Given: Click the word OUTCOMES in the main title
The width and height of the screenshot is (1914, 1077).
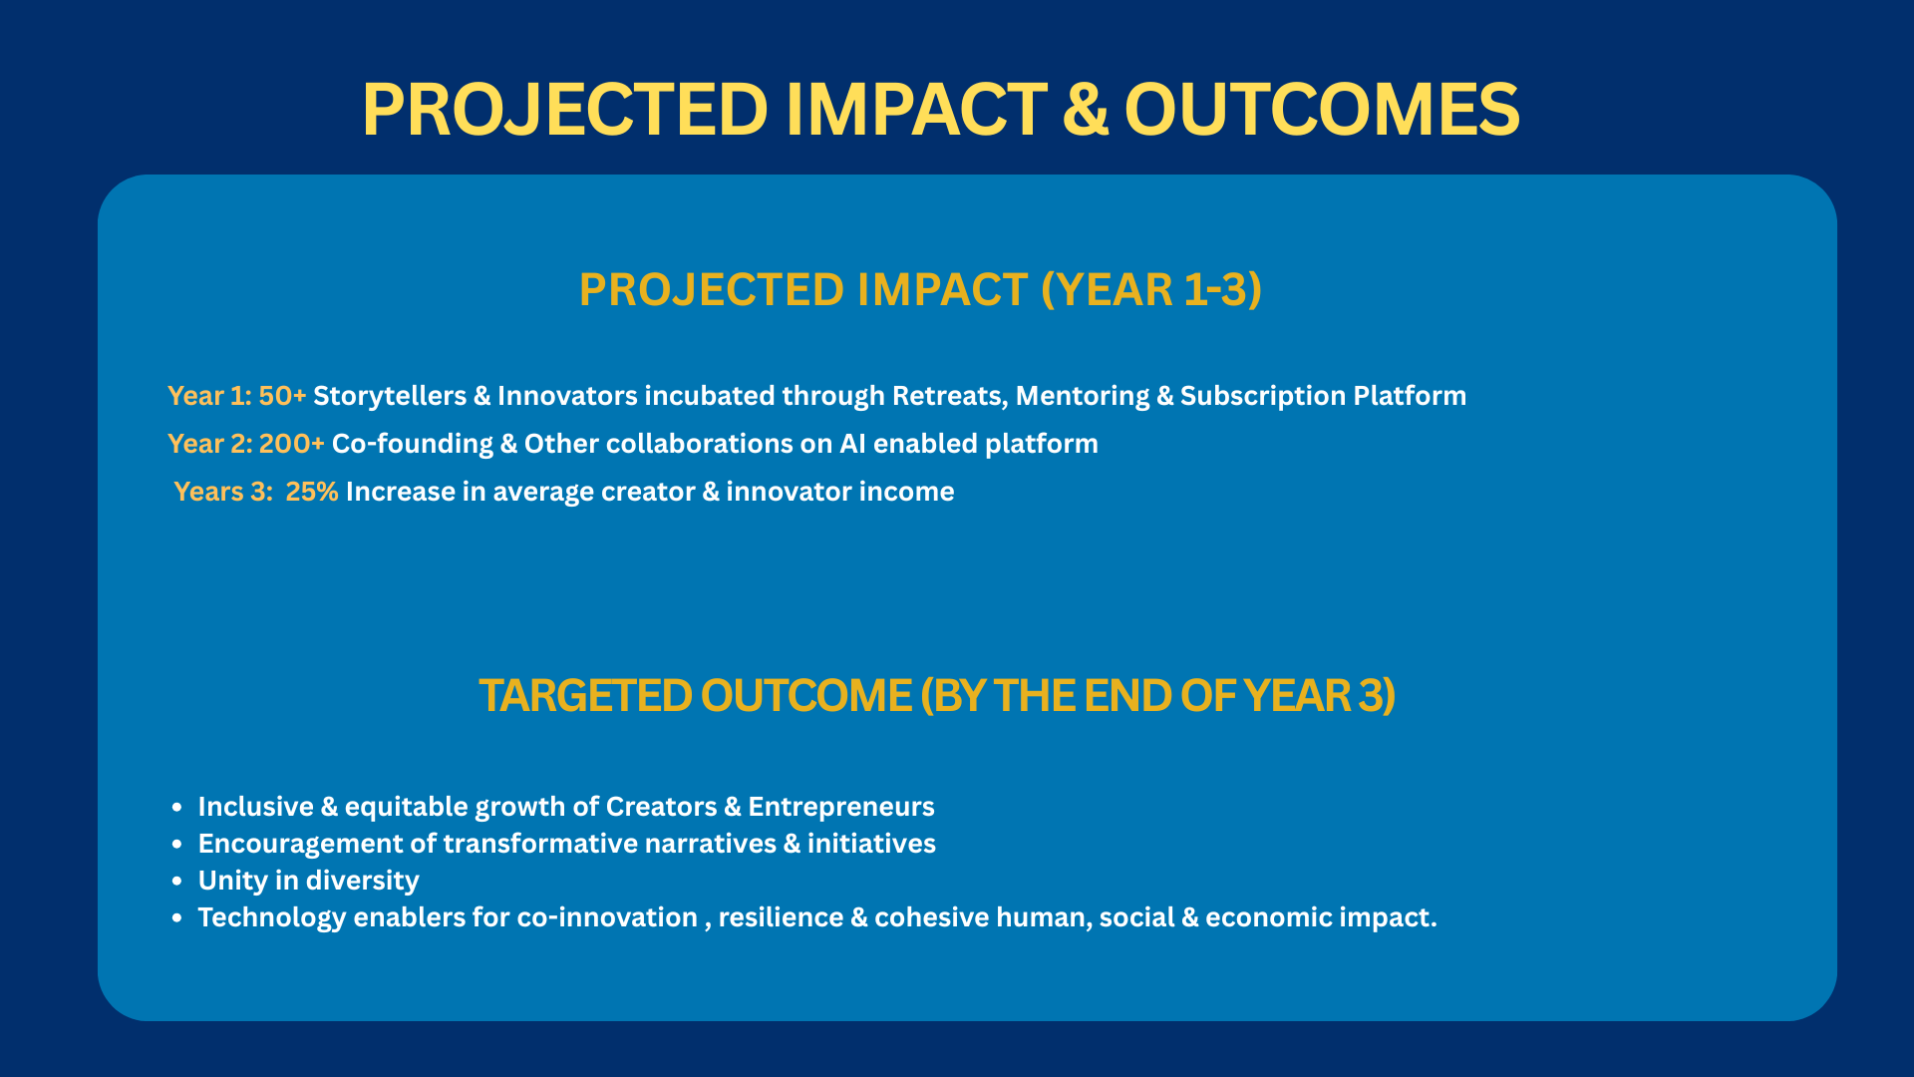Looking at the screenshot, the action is point(1322,109).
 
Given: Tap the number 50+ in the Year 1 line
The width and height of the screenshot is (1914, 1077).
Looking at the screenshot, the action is point(282,396).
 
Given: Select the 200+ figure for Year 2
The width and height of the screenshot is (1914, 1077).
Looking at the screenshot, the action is point(291,444).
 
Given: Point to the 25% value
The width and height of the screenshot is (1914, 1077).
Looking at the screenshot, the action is point(312,492).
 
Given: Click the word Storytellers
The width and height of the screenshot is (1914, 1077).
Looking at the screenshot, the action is point(390,397).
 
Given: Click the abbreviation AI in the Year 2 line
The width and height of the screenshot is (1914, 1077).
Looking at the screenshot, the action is point(852,444).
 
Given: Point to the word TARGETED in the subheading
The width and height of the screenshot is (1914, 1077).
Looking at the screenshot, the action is point(585,696).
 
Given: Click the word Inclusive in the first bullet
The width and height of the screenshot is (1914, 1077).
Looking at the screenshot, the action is point(256,807).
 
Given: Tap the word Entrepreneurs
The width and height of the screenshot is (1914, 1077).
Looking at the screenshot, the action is point(841,808).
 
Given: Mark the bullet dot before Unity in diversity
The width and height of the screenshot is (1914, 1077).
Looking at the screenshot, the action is point(177,882).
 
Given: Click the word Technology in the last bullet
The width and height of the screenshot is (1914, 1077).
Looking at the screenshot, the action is point(272,918).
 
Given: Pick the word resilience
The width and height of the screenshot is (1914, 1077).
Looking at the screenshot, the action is point(781,917).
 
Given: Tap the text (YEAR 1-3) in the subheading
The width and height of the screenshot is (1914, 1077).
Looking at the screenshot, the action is point(1151,290).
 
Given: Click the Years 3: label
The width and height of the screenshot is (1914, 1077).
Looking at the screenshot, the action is point(223,492).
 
